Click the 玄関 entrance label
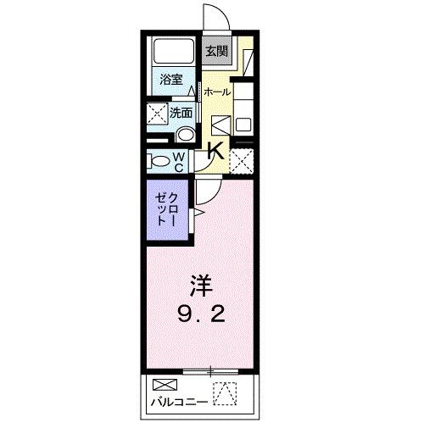[216, 51]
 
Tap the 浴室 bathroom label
[171, 81]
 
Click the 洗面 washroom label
[181, 111]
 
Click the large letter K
[215, 153]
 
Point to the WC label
[180, 160]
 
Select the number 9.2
[200, 317]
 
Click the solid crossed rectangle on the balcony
[161, 385]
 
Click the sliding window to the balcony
[209, 371]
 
